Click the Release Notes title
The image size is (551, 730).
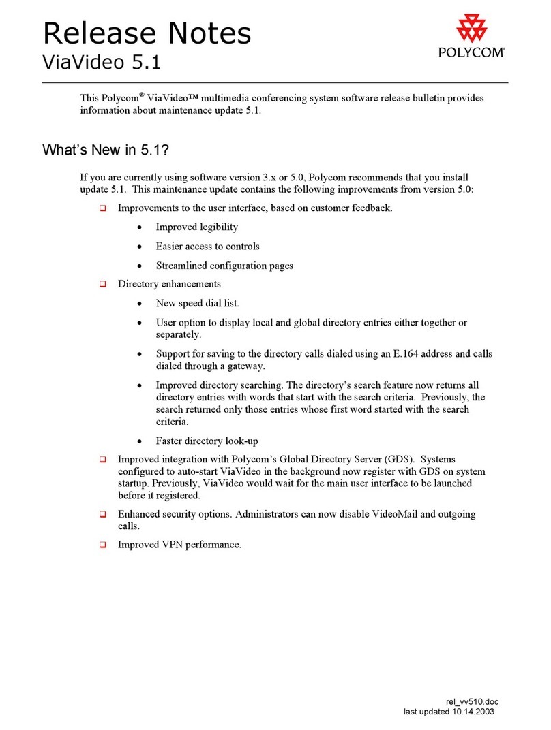tap(147, 33)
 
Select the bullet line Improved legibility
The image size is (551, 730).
tap(196, 227)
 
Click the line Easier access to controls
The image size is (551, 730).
tap(207, 246)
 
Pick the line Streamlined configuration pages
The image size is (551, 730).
tap(224, 265)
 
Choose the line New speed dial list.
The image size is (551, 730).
tap(197, 303)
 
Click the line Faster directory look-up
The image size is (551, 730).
tap(207, 440)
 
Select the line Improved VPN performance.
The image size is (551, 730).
tap(179, 544)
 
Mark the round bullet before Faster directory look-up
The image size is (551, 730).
tap(140, 441)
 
